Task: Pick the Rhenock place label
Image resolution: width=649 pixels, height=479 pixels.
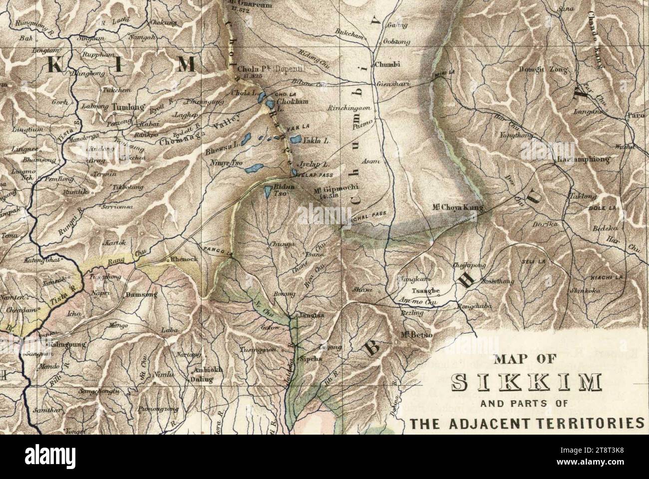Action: click(184, 260)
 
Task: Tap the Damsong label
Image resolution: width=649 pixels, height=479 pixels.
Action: click(141, 295)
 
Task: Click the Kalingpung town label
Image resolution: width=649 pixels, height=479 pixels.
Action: click(68, 344)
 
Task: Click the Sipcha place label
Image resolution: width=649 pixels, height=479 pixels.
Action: click(310, 359)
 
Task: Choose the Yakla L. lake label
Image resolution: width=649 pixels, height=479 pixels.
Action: click(316, 141)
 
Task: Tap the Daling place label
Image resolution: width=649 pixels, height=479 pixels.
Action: click(203, 379)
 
